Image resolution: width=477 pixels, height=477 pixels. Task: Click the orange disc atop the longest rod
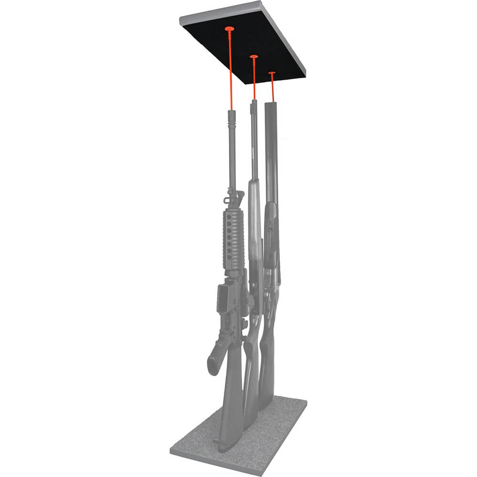[x=229, y=29]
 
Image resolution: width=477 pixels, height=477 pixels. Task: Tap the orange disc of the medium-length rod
[x=254, y=57]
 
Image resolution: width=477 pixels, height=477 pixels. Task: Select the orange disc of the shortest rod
[x=272, y=73]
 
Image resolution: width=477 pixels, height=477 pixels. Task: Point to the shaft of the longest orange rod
[x=231, y=72]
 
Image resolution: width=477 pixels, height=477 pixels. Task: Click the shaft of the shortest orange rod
[x=272, y=88]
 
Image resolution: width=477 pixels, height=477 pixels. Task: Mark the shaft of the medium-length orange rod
[x=254, y=79]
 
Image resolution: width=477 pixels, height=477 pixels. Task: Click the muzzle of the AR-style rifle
[x=232, y=113]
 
